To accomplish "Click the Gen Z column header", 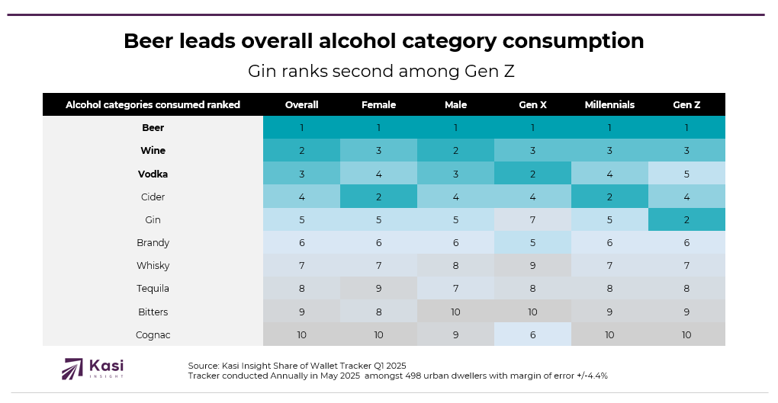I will (x=686, y=105).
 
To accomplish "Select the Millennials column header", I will (x=609, y=105).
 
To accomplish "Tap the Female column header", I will (x=378, y=105).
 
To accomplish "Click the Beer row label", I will (x=153, y=128).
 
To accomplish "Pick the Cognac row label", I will (x=153, y=334).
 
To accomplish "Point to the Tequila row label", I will (x=153, y=289).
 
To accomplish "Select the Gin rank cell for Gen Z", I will (x=686, y=220).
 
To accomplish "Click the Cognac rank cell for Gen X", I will (x=533, y=334).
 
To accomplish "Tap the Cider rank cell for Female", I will (x=378, y=197).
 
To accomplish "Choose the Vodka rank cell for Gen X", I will (x=533, y=174).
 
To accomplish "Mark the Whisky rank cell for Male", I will (x=455, y=266).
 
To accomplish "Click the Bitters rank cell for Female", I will (x=378, y=312).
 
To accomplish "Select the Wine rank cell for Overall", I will (x=301, y=151).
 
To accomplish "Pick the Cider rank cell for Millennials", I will (x=609, y=197).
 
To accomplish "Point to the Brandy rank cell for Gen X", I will (x=533, y=243).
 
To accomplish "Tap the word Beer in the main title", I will (x=149, y=41).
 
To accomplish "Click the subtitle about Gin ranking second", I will (x=381, y=72).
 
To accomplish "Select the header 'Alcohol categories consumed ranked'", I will (x=153, y=105).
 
